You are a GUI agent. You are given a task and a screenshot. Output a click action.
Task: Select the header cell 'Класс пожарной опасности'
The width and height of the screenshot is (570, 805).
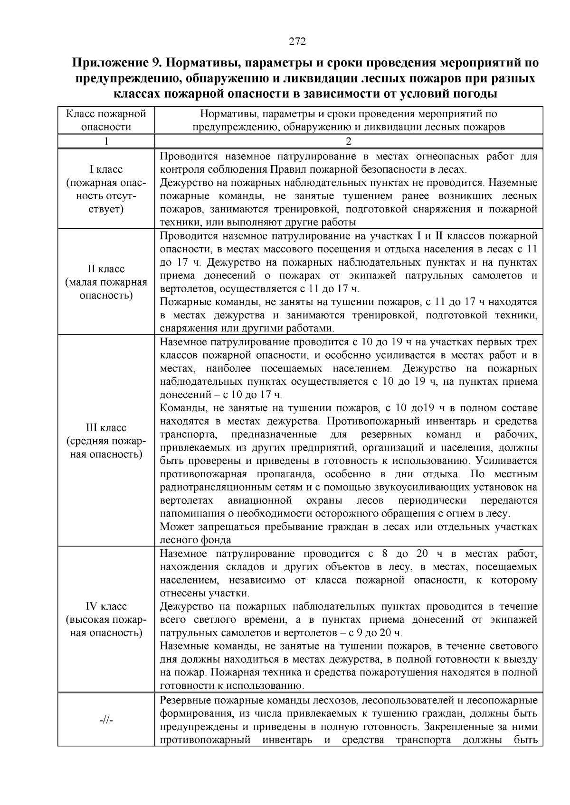coord(106,120)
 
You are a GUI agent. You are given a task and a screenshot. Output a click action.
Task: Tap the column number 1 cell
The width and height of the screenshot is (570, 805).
coord(106,141)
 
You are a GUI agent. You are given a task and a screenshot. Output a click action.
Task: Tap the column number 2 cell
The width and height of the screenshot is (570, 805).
coord(348,141)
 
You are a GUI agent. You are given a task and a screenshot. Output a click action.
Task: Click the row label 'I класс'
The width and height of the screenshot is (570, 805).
coord(106,169)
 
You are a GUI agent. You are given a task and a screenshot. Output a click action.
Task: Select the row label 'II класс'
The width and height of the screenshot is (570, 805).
coord(106,269)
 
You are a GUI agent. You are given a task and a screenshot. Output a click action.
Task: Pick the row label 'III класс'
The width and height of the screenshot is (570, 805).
coord(106,428)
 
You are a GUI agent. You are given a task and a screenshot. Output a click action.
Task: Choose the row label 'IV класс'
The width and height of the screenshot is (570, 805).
coord(106,606)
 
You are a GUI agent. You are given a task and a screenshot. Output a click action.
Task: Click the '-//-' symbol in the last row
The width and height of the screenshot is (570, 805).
coord(106,720)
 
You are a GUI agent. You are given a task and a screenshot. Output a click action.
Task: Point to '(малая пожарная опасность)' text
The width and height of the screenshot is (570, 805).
coord(106,289)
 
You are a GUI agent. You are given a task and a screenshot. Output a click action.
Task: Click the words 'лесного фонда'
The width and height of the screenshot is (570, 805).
coord(195,540)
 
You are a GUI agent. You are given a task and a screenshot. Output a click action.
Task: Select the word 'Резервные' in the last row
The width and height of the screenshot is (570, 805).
coord(183,701)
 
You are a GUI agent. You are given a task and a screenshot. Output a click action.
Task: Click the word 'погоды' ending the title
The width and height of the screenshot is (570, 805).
coord(473,93)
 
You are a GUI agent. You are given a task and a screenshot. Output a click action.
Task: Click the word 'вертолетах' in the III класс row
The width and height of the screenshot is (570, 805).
coord(183,501)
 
